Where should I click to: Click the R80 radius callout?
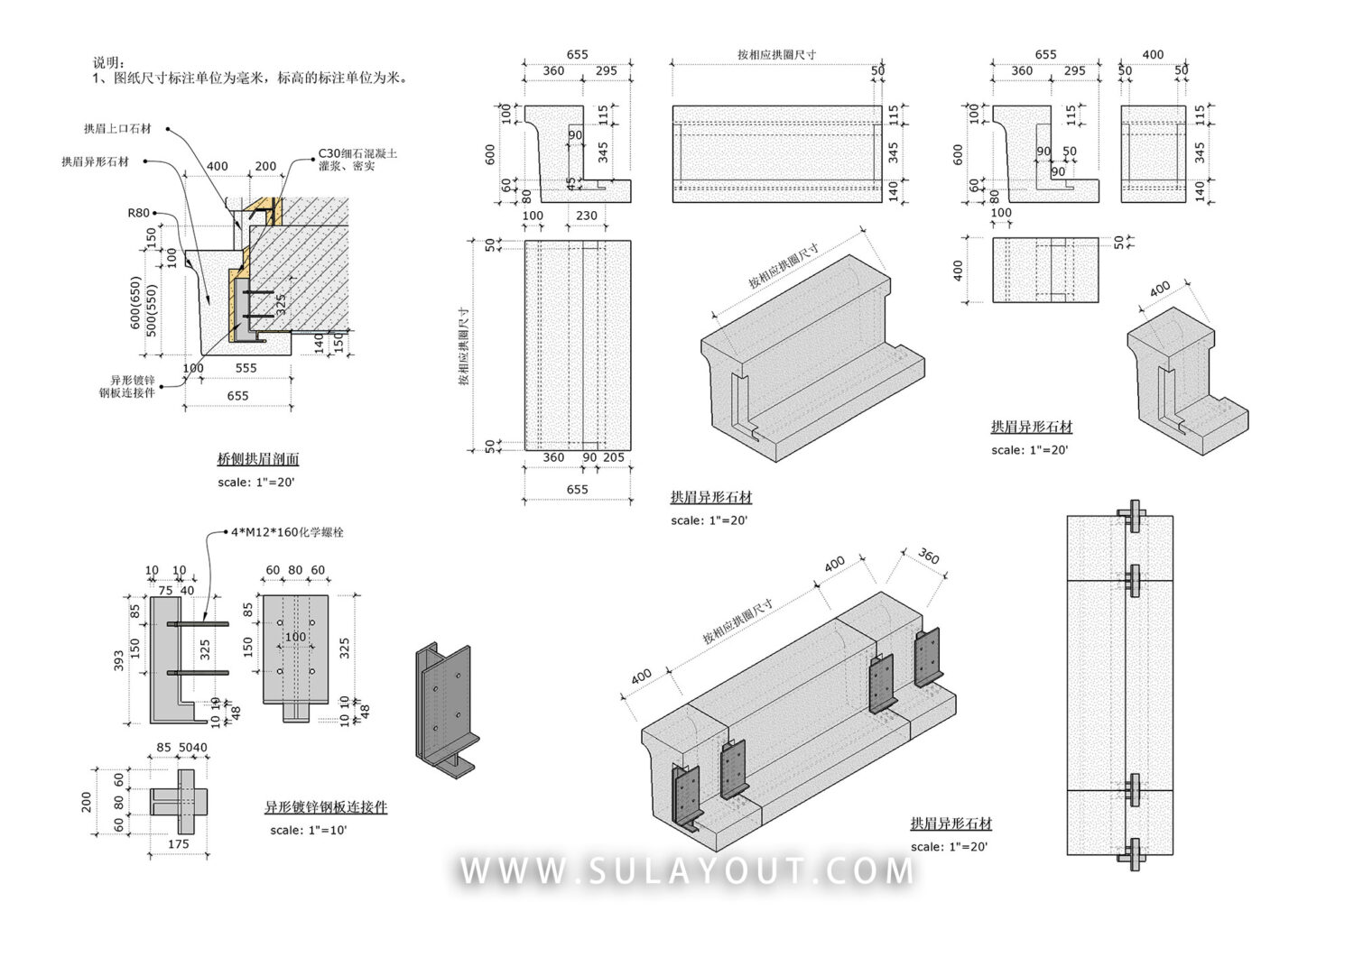[x=138, y=213]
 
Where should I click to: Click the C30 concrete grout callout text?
[x=357, y=160]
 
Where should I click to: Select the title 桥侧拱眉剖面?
[x=258, y=459]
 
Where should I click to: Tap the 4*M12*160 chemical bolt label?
[x=287, y=532]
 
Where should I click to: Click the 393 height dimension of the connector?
[x=119, y=660]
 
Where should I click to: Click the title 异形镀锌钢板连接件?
[x=325, y=807]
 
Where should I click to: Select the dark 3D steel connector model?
[x=444, y=709]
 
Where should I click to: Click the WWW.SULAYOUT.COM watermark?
[x=686, y=871]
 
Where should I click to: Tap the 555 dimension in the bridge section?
[x=246, y=368]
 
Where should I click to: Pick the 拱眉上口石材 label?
[x=118, y=129]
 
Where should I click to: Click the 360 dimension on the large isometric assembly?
[x=928, y=557]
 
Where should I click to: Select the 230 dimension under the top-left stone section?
[x=586, y=216]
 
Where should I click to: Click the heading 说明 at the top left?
[x=106, y=62]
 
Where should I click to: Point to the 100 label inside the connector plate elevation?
[x=296, y=637]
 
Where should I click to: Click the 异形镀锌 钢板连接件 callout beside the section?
[x=126, y=386]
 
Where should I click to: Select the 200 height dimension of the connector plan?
[x=87, y=801]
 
